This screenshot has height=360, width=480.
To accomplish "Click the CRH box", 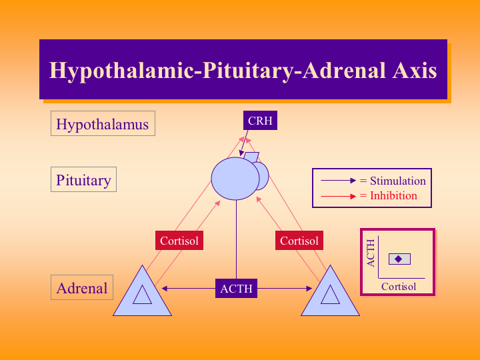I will tap(259, 121).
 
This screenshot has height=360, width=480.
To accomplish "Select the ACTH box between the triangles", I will tap(237, 289).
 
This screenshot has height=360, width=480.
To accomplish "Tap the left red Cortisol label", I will tap(179, 241).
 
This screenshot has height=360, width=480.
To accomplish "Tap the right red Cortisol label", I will tap(299, 241).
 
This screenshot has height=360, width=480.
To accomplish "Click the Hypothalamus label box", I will tap(103, 124).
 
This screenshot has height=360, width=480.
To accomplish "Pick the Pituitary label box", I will tap(83, 180).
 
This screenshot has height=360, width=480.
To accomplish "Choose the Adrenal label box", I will tap(82, 288).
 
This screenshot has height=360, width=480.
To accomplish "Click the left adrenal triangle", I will tap(142, 295).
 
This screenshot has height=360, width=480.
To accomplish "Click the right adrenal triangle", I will tap(330, 295).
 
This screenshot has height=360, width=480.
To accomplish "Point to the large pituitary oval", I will tap(235, 178).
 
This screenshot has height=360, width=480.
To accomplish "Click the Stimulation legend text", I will tap(398, 181).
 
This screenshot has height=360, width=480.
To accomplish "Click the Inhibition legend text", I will tap(393, 195).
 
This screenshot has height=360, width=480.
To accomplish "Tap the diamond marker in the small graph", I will tap(399, 259).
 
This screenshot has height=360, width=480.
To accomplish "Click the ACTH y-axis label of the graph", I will tap(371, 253).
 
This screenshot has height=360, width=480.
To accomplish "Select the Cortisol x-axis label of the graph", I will tap(399, 286).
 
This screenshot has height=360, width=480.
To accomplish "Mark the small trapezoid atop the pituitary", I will tap(251, 156).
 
